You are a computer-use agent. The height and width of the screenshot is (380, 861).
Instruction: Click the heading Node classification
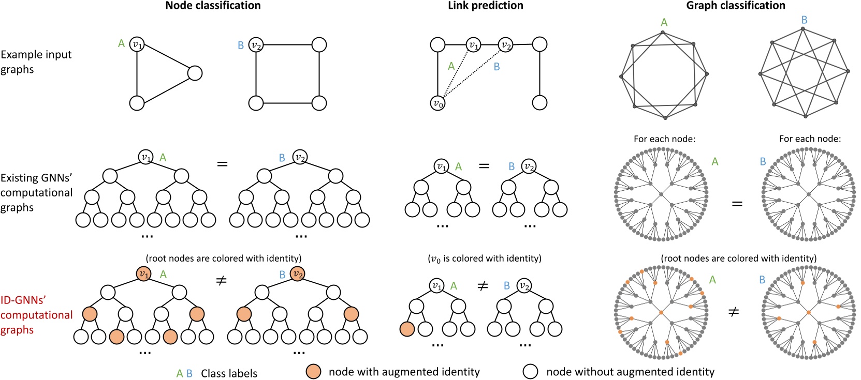point(213,6)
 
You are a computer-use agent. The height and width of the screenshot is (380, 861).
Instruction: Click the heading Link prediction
point(485,6)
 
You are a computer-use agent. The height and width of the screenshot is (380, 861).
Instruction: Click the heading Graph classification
point(735,6)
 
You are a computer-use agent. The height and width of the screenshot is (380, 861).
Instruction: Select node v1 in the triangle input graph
point(137,44)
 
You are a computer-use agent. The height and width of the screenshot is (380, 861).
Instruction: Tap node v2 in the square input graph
point(256,45)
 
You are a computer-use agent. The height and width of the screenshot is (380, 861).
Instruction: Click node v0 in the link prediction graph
point(438,103)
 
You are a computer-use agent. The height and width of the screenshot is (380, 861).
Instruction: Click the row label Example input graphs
point(36,62)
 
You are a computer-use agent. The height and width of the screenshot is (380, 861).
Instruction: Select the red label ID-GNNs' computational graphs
point(36,315)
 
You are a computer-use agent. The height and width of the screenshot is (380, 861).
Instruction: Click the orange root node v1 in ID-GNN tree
point(144,274)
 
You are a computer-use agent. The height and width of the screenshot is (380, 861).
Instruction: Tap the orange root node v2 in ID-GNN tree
point(297,274)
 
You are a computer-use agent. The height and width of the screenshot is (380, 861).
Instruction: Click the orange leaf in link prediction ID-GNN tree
point(407,329)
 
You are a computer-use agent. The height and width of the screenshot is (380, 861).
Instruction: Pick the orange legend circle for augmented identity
point(313,372)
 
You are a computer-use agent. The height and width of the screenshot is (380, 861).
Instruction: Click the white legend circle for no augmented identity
point(531,372)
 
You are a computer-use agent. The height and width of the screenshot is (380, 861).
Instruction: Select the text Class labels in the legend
point(229,373)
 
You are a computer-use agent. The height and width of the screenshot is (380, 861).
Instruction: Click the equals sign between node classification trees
point(222,164)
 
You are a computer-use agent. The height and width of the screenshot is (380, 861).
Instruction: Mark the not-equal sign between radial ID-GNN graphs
point(734,312)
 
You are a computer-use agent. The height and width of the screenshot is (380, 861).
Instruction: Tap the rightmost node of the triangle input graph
point(195,73)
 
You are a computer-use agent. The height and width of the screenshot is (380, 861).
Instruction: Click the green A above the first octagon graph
point(664,22)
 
